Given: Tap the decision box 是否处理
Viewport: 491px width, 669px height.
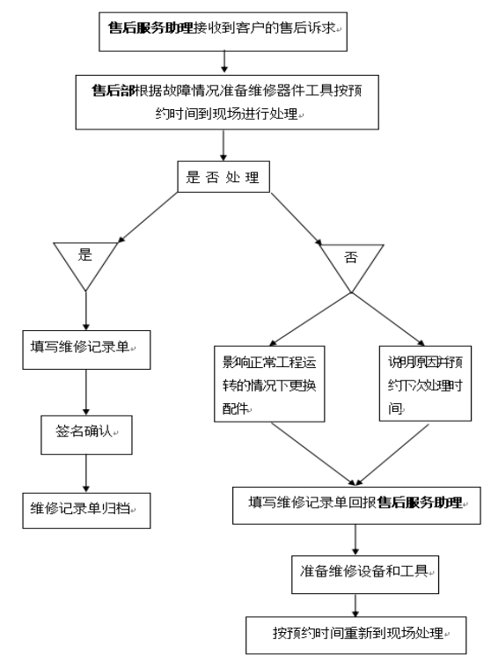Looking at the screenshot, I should [224, 177].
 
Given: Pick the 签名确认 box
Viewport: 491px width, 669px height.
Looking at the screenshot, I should [86, 433].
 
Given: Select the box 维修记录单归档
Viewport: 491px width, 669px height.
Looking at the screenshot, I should [85, 509].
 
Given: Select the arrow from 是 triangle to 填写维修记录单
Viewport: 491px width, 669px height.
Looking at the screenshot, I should [85, 309].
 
